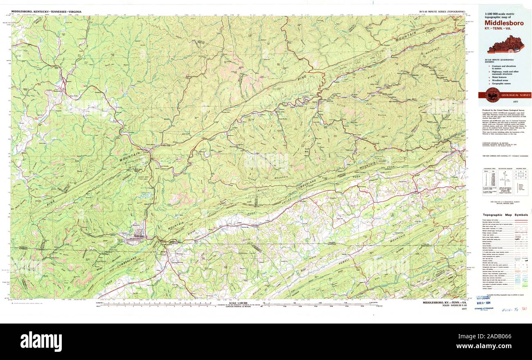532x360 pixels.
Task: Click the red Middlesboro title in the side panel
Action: click(x=504, y=23)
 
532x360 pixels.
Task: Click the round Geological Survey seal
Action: click(x=490, y=95)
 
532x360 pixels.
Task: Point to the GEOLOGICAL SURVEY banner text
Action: click(x=513, y=95)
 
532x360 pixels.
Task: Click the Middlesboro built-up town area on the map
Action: click(x=137, y=238)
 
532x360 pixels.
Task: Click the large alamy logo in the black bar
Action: click(x=41, y=341)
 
